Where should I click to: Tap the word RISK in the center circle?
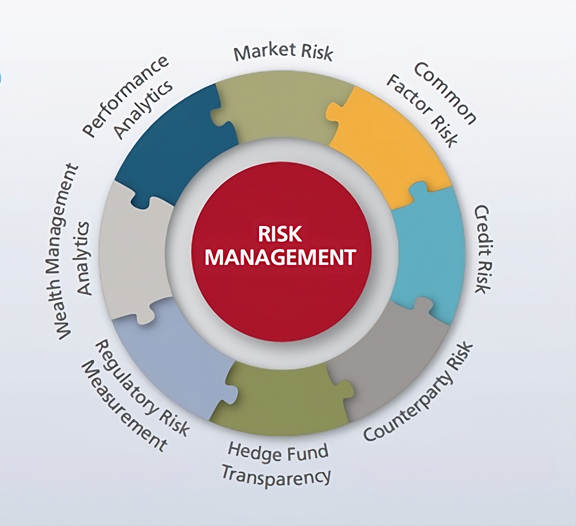(280, 234)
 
